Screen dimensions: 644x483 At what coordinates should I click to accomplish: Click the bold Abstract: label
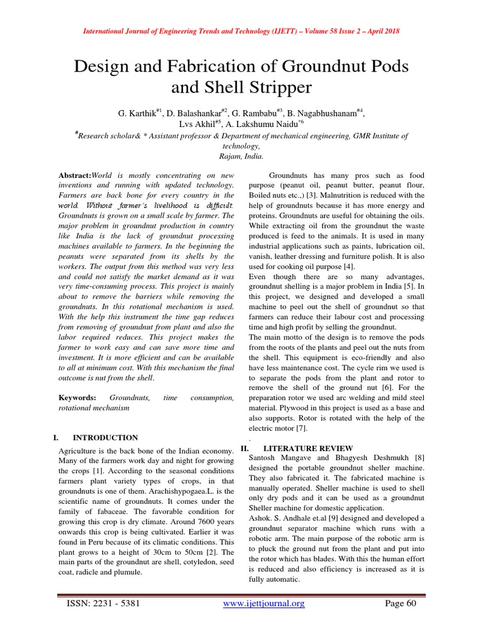tap(75, 175)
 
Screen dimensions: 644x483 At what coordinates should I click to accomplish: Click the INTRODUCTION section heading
tap(105, 437)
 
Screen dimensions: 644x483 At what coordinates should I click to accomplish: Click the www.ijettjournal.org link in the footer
tap(264, 604)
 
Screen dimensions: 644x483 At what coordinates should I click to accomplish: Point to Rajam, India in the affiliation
tap(241, 155)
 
